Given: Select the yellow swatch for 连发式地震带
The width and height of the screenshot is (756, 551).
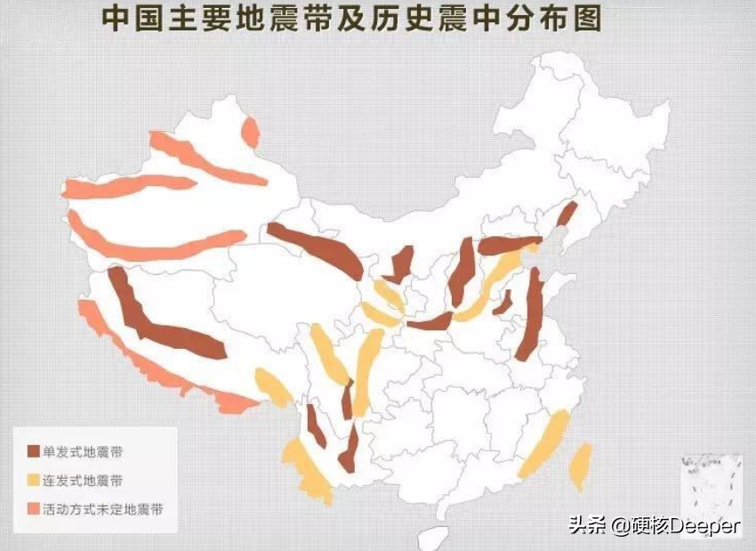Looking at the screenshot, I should point(33,481).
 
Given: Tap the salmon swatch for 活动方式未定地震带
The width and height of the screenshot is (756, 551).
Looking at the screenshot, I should point(33,509).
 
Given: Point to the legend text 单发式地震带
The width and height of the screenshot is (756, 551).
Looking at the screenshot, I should point(82,453).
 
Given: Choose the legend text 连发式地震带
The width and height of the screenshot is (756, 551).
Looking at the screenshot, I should point(82,481).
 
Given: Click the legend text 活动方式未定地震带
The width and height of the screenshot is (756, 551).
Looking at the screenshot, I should point(103,509).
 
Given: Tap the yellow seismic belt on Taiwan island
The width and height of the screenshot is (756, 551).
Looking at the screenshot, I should point(580,466).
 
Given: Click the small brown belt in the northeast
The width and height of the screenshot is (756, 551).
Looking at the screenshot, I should point(567,213).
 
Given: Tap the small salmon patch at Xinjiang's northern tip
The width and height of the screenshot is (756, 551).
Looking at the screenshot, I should point(252,133).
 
